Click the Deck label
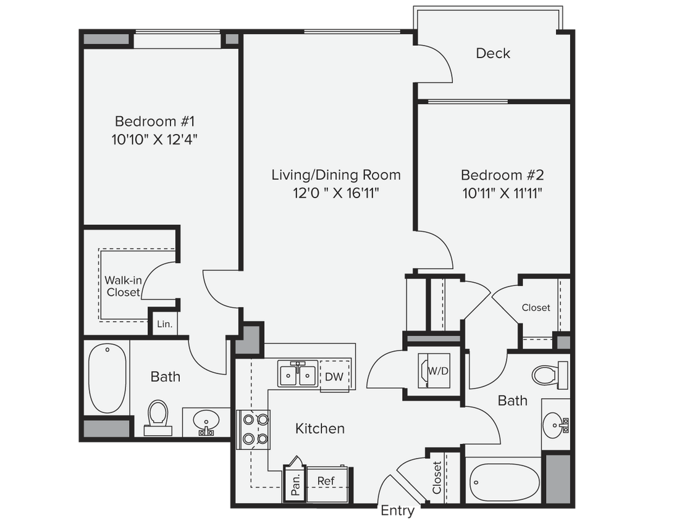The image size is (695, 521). (493, 53)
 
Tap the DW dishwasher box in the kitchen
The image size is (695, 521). (334, 377)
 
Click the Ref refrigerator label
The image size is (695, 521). (326, 481)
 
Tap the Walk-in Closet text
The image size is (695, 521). (123, 286)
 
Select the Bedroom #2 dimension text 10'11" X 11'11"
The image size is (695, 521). (502, 193)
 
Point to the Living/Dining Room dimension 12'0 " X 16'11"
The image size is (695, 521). (335, 193)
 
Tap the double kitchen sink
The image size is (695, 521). (298, 375)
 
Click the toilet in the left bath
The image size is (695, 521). (158, 417)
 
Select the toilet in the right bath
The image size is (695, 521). (549, 374)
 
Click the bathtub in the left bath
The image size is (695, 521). (107, 379)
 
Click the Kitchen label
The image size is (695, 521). (319, 428)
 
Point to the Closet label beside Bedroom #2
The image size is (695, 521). (536, 307)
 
